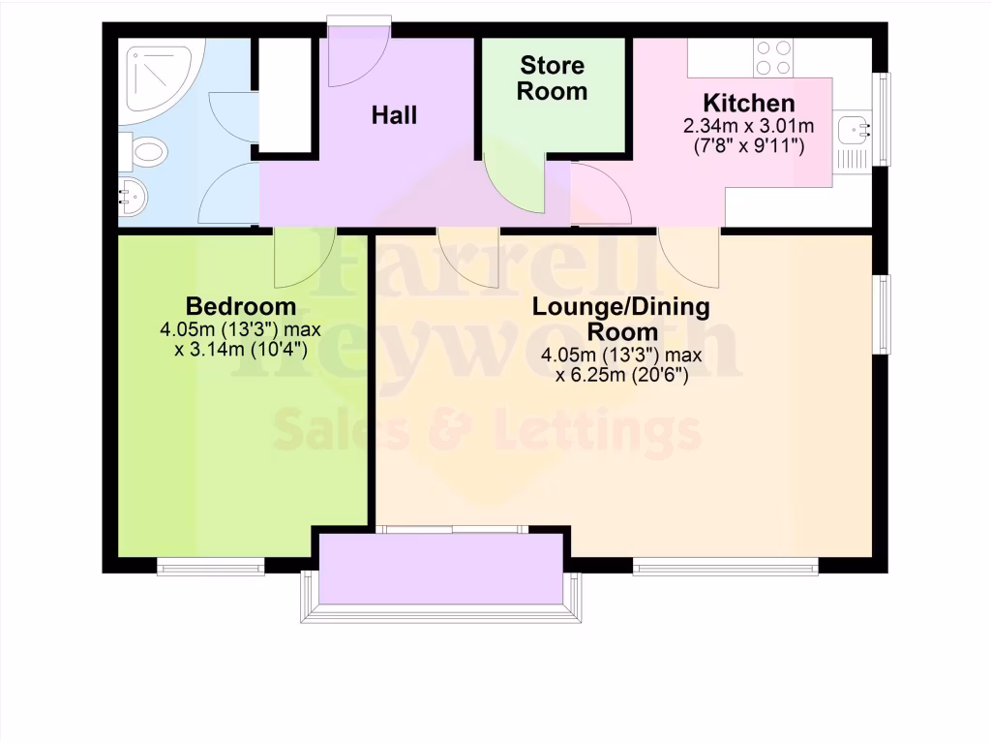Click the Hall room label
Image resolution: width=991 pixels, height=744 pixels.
click(x=395, y=115)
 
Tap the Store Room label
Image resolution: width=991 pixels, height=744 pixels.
click(x=553, y=78)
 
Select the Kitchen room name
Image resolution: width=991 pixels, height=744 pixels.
click(x=749, y=103)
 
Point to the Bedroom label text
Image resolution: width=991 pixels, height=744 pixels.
click(x=241, y=307)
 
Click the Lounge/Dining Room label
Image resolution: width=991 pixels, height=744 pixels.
click(x=621, y=319)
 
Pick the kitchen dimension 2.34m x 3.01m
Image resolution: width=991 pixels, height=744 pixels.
click(x=749, y=126)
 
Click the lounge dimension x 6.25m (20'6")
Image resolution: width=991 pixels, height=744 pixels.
click(x=621, y=377)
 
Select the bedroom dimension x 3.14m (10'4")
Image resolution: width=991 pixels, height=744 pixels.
click(x=241, y=350)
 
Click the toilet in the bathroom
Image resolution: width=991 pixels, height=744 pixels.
click(x=145, y=151)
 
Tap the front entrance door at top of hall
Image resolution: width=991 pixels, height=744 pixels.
click(x=358, y=53)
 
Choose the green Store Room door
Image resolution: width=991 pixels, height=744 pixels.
click(x=516, y=184)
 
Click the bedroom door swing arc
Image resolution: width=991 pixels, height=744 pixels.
click(x=304, y=258)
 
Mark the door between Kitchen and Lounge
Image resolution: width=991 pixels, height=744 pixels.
click(x=689, y=258)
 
